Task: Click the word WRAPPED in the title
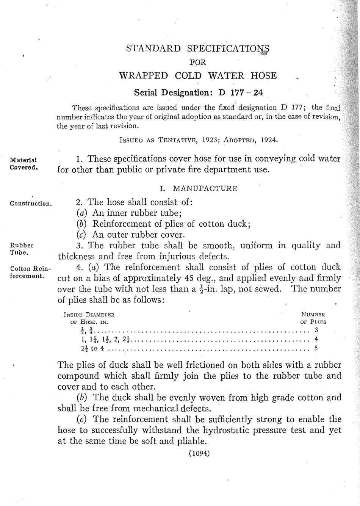tap(143, 75)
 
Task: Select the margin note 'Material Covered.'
tap(23, 163)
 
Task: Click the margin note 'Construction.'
tap(30, 204)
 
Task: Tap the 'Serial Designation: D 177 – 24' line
tap(199, 93)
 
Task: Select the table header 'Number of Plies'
tap(313, 318)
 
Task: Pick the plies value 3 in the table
tap(316, 330)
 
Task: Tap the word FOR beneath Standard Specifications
tap(197, 63)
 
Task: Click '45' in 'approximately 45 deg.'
tap(190, 278)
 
